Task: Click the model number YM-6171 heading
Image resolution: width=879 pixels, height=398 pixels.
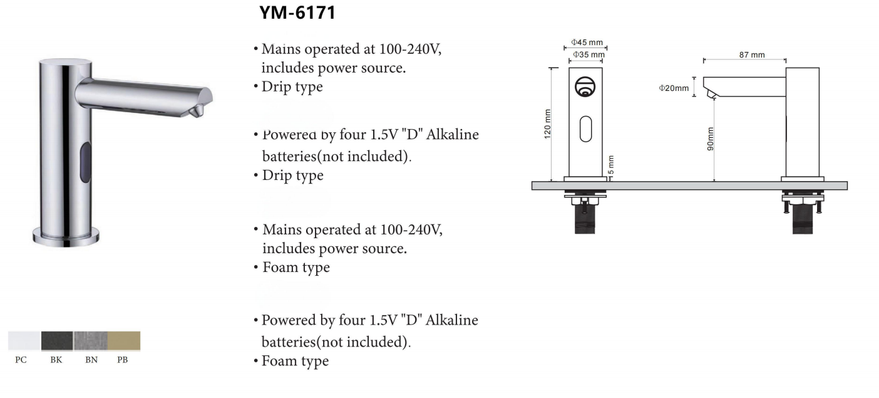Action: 297,13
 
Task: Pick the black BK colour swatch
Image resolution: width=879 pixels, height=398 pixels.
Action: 57,341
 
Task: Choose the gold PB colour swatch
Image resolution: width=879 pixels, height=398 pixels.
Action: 124,341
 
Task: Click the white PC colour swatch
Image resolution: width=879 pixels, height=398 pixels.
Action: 24,341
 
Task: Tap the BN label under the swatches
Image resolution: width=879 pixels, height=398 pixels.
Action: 91,360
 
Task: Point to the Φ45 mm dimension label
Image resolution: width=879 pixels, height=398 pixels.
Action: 587,43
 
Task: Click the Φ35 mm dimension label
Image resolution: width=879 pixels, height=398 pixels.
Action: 589,55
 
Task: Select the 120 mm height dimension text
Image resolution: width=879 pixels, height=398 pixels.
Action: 548,124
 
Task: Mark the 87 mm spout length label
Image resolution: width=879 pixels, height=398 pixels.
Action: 752,55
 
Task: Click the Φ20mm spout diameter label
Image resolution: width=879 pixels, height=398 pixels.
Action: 674,88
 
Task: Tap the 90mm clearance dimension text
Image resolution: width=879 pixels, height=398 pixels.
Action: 710,139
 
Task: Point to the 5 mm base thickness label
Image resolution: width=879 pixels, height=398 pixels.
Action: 611,165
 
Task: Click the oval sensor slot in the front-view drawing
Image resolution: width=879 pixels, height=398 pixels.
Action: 586,128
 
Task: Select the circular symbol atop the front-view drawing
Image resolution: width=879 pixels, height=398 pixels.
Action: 585,86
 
